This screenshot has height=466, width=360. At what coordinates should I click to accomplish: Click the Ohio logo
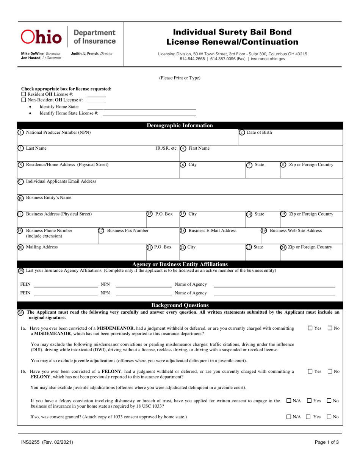[x=41, y=37]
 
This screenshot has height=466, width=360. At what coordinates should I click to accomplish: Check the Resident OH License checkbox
[x=24, y=94]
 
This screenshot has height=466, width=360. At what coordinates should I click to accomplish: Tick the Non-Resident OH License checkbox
[x=24, y=100]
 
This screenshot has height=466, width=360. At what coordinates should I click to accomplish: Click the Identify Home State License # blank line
[x=149, y=114]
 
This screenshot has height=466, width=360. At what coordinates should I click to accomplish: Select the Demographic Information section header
[x=180, y=126]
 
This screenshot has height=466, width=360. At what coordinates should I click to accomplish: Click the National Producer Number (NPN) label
[x=58, y=132]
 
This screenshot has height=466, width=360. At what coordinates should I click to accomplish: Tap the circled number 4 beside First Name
[x=183, y=148]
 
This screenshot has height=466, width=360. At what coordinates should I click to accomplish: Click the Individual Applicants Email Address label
[x=61, y=181]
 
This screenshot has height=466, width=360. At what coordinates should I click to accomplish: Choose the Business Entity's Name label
[x=48, y=197]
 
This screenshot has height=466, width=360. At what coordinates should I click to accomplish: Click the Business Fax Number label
[x=128, y=230]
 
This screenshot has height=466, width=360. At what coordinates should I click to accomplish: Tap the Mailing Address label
[x=42, y=247]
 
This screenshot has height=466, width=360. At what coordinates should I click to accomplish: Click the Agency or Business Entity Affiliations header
[x=180, y=264]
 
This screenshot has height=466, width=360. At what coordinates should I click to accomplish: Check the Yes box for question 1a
[x=310, y=328]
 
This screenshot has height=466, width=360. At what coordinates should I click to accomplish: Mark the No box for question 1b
[x=330, y=372]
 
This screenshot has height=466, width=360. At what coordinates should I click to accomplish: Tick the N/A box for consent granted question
[x=289, y=417]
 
